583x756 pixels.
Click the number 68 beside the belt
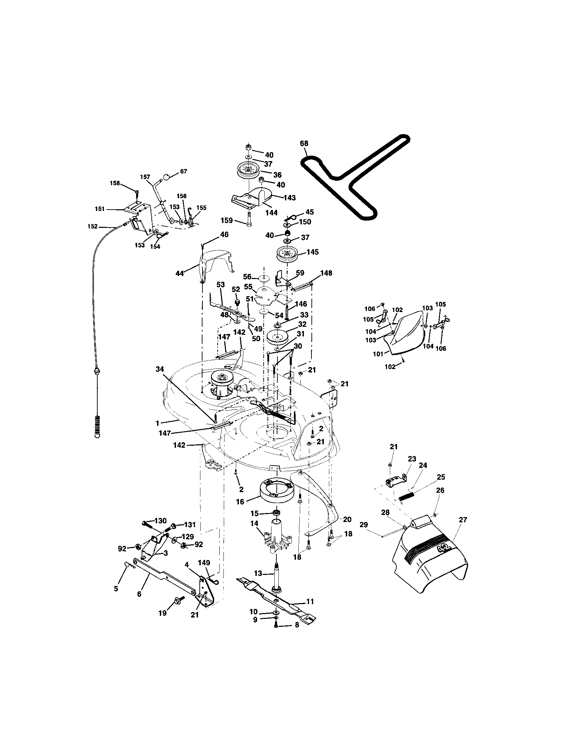pos(304,143)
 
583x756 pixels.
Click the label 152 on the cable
pos(92,227)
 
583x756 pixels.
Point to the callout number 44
pos(179,274)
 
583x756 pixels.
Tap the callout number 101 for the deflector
pos(378,354)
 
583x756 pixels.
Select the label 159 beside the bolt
pos(228,221)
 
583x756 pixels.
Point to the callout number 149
pos(204,563)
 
